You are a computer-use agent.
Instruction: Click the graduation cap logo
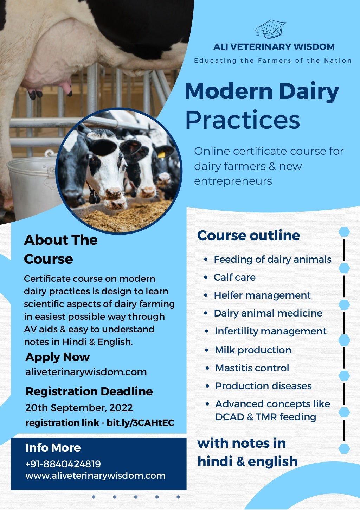tap(270, 29)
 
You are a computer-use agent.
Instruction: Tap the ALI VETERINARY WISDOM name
tap(274, 47)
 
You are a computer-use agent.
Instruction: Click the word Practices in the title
tap(242, 120)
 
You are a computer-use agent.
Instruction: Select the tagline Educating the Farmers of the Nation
tap(273, 60)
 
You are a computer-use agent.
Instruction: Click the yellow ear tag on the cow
tap(161, 154)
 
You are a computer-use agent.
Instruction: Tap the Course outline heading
tap(248, 235)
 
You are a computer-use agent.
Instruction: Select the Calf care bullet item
tap(234, 277)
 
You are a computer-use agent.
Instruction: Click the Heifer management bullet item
tap(262, 295)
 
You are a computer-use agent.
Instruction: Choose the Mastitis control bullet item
tap(252, 368)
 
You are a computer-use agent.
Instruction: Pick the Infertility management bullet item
tap(270, 331)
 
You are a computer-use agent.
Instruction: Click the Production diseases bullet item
tap(263, 386)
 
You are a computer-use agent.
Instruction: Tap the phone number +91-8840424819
tap(63, 464)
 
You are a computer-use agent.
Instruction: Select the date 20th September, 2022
tap(79, 408)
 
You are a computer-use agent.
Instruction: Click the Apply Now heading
tap(58, 357)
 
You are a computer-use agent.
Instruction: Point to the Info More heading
tap(53, 447)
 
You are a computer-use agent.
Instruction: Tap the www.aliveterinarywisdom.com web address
tap(95, 476)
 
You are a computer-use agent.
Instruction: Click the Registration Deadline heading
tap(89, 391)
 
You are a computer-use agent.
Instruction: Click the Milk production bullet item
tap(253, 350)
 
